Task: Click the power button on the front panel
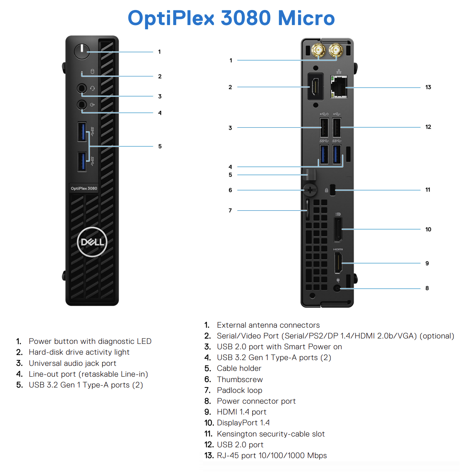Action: click(82, 51)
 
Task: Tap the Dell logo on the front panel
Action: click(92, 242)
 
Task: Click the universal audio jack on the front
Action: click(82, 88)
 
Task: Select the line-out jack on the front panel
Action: click(82, 105)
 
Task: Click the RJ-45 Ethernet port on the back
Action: click(339, 87)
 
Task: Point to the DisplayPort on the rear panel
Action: click(338, 230)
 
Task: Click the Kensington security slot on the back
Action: click(333, 190)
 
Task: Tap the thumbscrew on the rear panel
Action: click(310, 190)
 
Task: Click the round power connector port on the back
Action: click(337, 288)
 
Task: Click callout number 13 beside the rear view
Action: click(428, 87)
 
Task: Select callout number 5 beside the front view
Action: click(160, 146)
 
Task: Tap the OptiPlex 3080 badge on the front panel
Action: click(84, 188)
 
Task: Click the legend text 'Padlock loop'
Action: click(239, 390)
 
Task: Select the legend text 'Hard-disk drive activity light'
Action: click(79, 352)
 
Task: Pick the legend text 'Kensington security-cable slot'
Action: click(271, 434)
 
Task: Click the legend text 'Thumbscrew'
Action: click(240, 379)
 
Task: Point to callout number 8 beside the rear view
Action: click(427, 288)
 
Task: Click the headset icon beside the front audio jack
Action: click(92, 88)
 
